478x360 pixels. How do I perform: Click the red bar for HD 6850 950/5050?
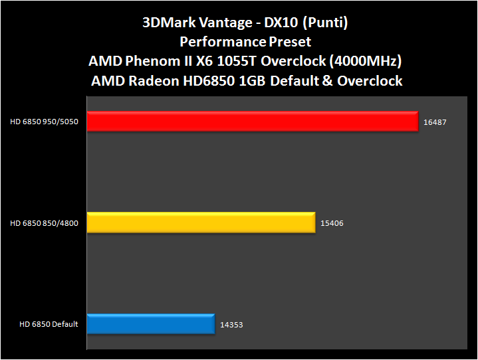253,122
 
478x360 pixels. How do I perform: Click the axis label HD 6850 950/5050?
45,122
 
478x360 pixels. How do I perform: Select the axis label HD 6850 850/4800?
45,223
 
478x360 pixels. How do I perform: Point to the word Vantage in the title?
219,23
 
